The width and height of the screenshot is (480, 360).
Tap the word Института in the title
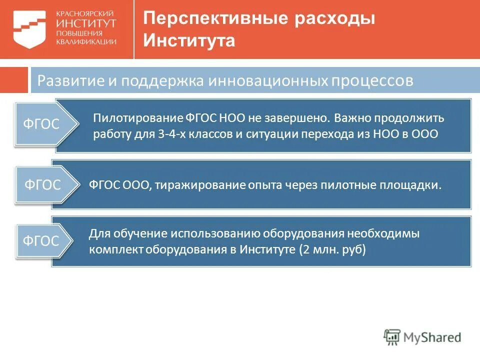189,40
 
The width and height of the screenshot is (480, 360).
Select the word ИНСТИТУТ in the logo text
86,22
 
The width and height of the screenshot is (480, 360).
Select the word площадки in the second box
415,185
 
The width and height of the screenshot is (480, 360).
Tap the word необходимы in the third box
381,234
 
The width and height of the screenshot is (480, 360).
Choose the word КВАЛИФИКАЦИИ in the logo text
86,42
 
